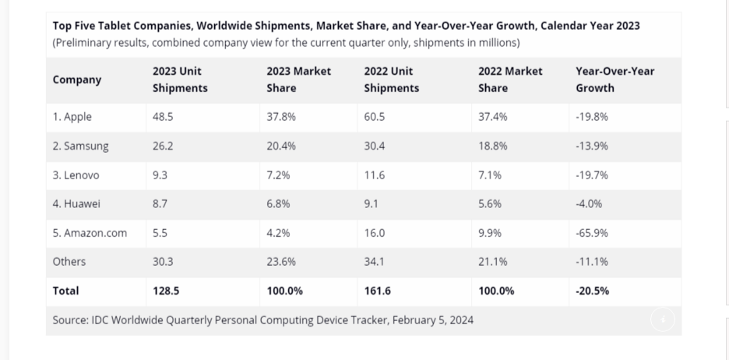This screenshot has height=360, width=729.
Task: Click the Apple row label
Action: tap(72, 117)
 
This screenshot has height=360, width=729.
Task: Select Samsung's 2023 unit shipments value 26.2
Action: tap(163, 146)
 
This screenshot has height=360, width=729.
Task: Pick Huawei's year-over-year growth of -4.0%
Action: tap(589, 204)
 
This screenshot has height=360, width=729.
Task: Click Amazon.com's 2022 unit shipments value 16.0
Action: tap(375, 233)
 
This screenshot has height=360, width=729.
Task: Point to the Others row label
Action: tap(69, 262)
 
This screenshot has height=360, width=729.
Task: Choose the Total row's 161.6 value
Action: tap(378, 291)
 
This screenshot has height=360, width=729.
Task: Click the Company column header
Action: tap(77, 79)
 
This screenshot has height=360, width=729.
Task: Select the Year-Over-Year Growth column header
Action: tap(615, 79)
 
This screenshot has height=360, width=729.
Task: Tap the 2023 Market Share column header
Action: tap(298, 79)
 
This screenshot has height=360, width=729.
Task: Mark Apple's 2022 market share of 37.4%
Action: tap(492, 117)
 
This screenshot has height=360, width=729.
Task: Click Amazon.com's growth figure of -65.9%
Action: tap(592, 233)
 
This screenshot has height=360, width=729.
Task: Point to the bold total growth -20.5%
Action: tap(592, 291)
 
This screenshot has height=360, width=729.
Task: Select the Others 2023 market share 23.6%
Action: tap(281, 262)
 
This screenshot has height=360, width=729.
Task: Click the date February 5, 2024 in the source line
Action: tap(432, 319)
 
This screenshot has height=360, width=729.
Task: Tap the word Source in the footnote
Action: tap(69, 319)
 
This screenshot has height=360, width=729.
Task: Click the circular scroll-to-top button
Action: tap(663, 319)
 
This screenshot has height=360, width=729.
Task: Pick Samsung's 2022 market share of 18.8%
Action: tap(492, 146)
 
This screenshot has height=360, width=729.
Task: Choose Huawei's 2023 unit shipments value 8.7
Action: tap(160, 204)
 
